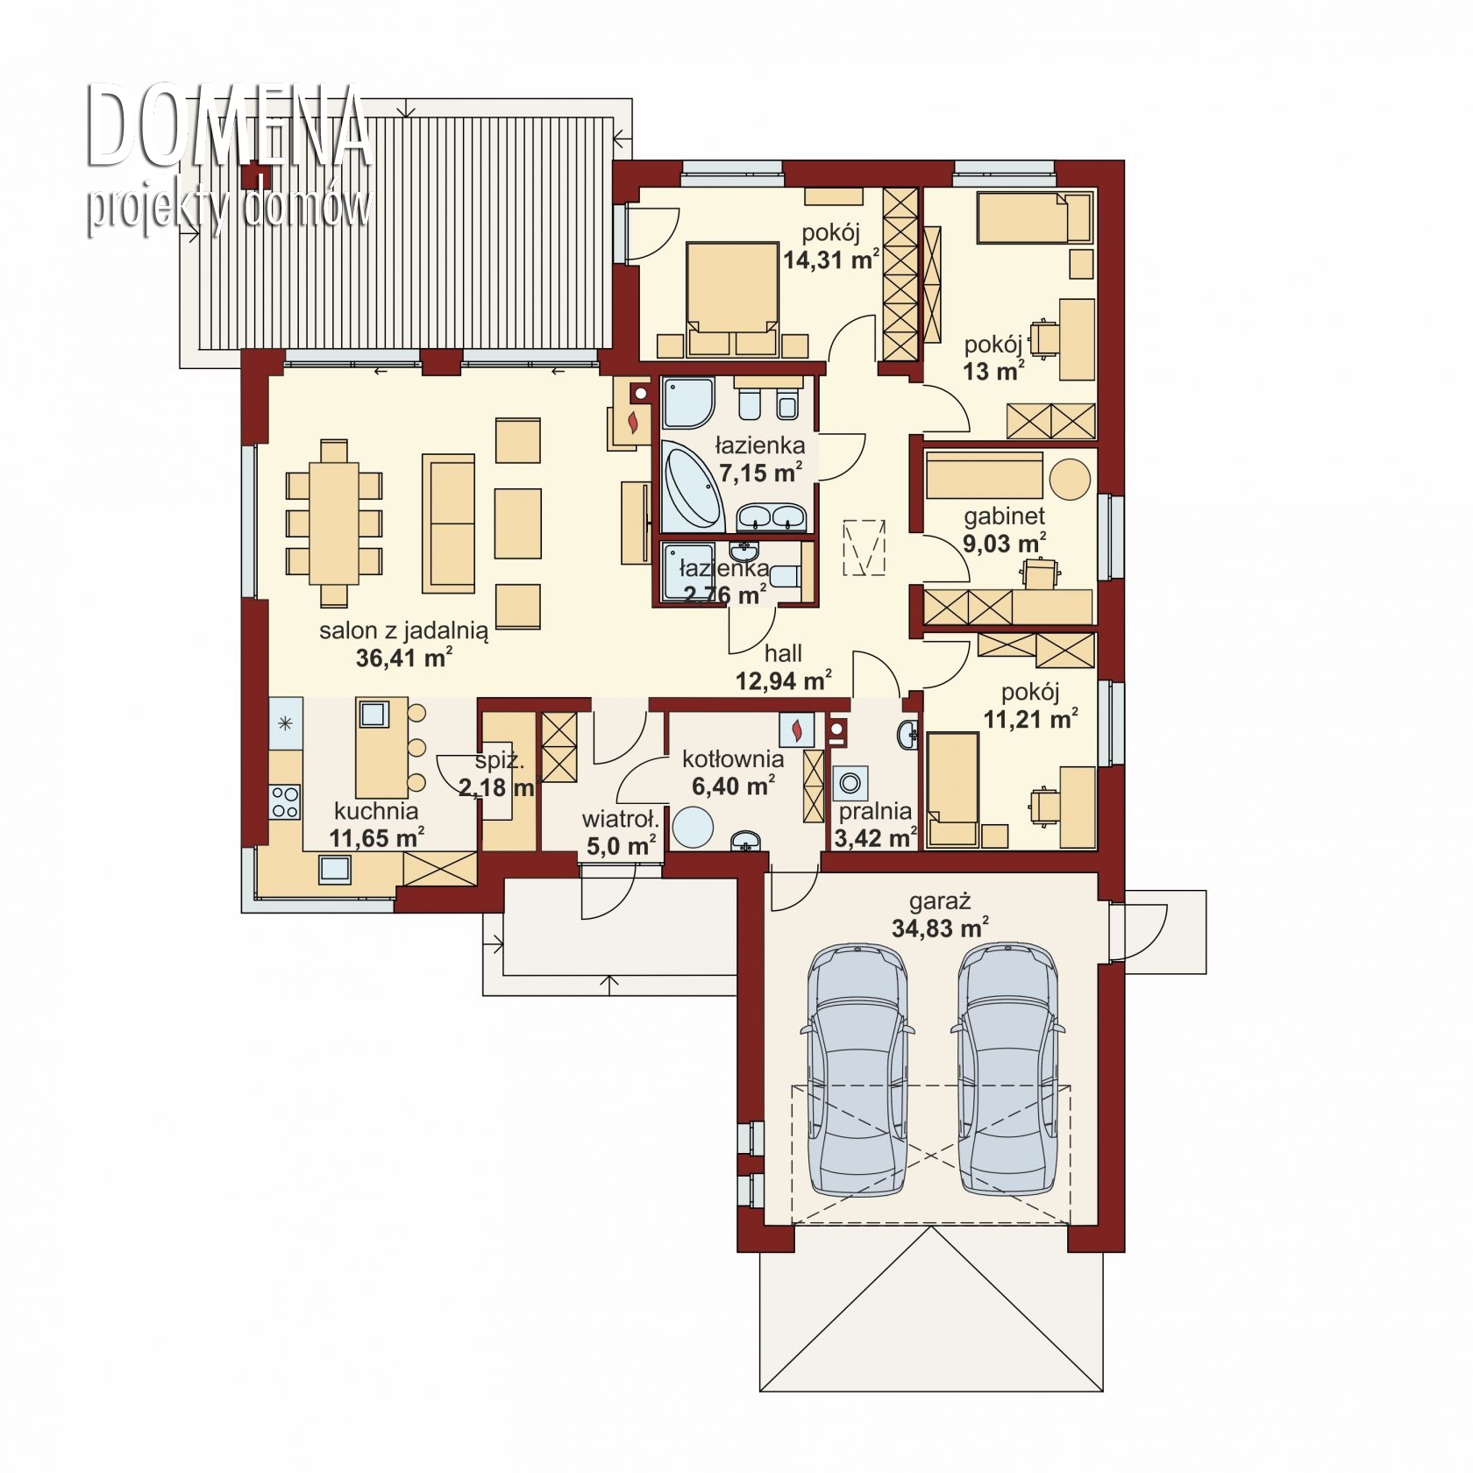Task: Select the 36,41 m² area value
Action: (x=404, y=657)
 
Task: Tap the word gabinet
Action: (x=1005, y=516)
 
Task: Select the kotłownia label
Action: (x=732, y=759)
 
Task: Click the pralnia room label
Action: (x=875, y=812)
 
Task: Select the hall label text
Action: (x=783, y=653)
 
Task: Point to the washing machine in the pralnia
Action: (x=850, y=781)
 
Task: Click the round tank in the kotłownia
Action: (x=693, y=827)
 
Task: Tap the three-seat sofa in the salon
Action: (x=448, y=523)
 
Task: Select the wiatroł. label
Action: (x=620, y=820)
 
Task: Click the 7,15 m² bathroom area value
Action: (x=761, y=473)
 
